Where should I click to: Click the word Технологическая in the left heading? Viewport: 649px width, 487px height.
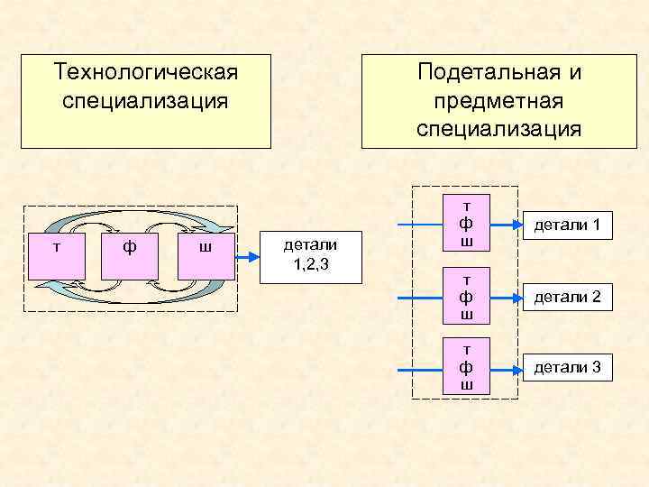click(145, 70)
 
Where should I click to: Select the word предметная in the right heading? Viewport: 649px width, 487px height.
click(498, 99)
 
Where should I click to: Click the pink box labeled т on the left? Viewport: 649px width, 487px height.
click(57, 256)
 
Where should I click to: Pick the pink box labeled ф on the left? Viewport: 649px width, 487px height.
click(131, 256)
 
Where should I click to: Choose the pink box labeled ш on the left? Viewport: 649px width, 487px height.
click(206, 256)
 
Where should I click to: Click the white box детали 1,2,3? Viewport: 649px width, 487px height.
click(311, 255)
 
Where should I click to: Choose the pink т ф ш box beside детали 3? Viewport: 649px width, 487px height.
click(466, 367)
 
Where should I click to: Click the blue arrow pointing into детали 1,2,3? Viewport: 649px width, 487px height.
click(249, 256)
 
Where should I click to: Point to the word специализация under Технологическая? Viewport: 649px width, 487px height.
click(145, 98)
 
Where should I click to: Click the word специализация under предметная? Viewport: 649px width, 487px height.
click(498, 127)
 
